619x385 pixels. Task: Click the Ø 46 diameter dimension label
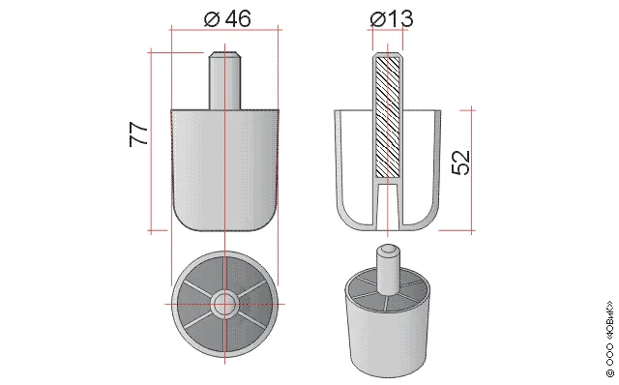coord(227,18)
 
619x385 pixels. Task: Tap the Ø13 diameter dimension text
coord(392,18)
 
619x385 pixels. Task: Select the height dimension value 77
coord(139,134)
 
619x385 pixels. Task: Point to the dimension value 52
coord(460,163)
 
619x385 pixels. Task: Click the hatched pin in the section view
coord(387,117)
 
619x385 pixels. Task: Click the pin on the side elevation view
coord(224,80)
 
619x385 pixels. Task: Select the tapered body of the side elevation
coord(225,169)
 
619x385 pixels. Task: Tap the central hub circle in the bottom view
coord(224,304)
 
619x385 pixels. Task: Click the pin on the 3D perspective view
coord(387,270)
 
